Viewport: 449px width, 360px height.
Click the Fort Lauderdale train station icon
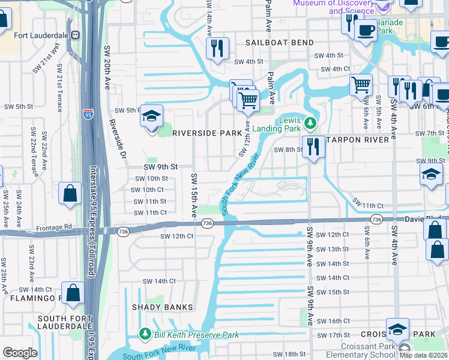click(76, 34)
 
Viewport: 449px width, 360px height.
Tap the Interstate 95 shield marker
click(88, 114)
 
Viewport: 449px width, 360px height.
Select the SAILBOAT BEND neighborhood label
click(280, 43)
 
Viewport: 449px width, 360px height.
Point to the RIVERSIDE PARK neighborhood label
click(202, 133)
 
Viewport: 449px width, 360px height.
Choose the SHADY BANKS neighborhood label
click(163, 307)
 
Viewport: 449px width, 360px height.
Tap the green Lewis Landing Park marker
click(310, 124)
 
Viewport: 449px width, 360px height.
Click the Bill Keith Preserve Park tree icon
click(145, 334)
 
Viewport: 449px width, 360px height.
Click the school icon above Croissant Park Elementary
click(397, 329)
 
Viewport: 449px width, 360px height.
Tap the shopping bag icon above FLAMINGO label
click(73, 293)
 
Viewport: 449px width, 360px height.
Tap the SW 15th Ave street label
click(194, 195)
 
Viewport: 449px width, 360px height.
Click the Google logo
click(20, 353)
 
